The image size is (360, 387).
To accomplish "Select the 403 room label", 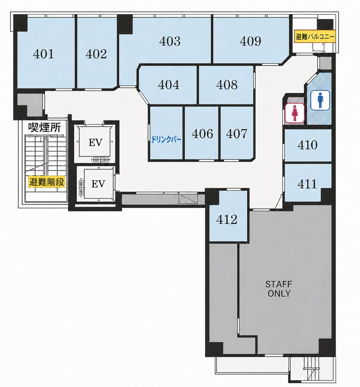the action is click(170, 41).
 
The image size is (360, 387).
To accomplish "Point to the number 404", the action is click(169, 85).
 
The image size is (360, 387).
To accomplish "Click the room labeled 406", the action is click(202, 134).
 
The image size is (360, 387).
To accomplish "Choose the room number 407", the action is click(237, 134).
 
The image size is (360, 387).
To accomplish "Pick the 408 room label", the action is click(227, 85).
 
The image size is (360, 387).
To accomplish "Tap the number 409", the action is click(251, 41).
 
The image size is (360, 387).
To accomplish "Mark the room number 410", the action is click(308, 145).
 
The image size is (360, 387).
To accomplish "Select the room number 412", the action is click(227, 220).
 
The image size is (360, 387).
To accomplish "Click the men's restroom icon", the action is click(320, 100).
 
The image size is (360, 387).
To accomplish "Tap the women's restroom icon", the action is click(295, 113).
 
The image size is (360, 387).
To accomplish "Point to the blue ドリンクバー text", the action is click(166, 140).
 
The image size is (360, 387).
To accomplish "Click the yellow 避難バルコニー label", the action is click(315, 36).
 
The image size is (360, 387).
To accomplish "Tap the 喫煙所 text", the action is click(45, 127).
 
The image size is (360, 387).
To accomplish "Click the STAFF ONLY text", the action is click(279, 289).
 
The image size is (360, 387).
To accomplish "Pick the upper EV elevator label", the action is click(96, 143).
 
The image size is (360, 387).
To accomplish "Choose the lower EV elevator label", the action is click(98, 184).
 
